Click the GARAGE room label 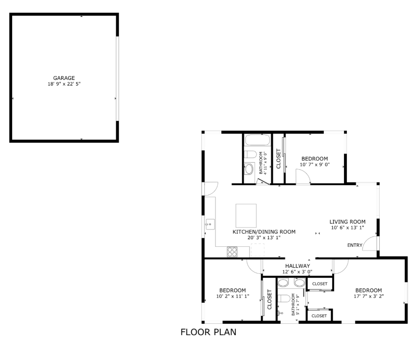64,78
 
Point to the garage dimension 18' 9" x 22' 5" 64,84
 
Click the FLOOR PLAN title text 208,333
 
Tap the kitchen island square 246,215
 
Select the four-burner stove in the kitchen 232,251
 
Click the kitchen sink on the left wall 209,224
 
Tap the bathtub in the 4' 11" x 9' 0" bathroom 257,140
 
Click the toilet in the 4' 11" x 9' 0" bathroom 250,154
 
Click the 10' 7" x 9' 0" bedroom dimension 315,164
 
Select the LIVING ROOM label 347,222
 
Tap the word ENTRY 355,245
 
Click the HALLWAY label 297,266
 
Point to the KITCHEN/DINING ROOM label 264,232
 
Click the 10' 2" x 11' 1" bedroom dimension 232,296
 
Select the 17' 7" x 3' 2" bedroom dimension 368,296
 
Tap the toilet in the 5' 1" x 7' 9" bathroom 284,298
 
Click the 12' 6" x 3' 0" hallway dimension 297,272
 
